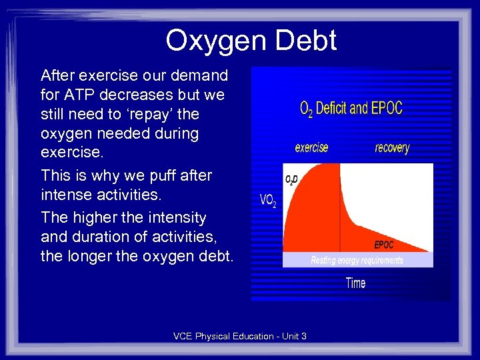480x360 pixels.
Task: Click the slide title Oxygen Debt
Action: click(251, 41)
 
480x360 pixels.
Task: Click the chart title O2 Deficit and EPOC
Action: click(351, 109)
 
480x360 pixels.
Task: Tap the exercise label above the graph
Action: click(311, 147)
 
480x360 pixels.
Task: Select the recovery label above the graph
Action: click(392, 147)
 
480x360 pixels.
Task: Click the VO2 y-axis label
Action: click(267, 200)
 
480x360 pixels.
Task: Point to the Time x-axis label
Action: click(355, 283)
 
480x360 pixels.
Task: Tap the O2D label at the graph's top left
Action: click(291, 179)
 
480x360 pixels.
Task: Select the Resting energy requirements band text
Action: click(357, 260)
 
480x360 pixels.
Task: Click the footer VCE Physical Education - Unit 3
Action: click(239, 337)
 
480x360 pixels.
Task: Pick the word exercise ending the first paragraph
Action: click(71, 153)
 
